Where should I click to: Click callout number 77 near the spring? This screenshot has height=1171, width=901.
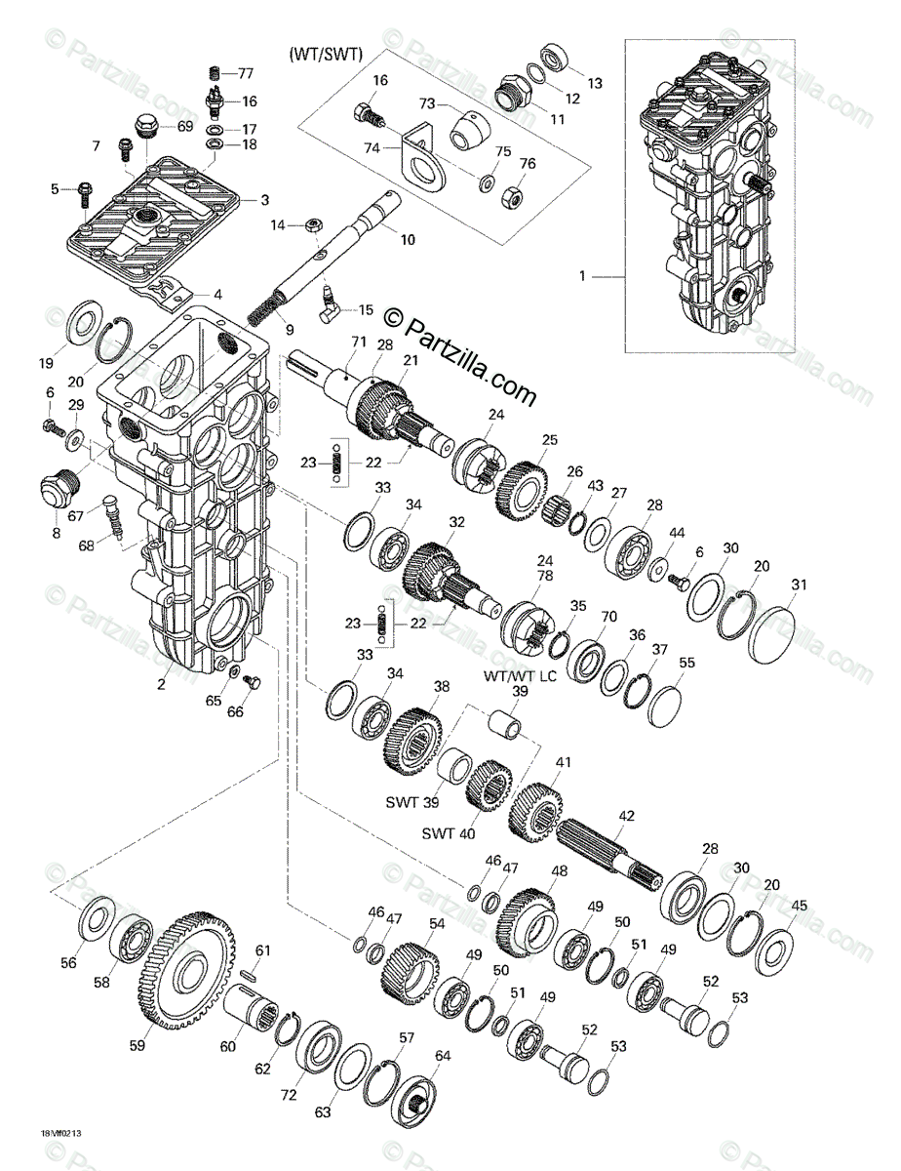(245, 73)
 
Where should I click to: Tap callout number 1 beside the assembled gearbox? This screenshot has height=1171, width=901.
(584, 276)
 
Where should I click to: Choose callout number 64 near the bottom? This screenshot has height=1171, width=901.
(443, 1055)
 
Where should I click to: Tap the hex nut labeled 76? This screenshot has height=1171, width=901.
(507, 197)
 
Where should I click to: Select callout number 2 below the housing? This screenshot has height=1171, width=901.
(162, 684)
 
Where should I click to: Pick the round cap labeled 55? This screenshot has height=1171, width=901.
(665, 702)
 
